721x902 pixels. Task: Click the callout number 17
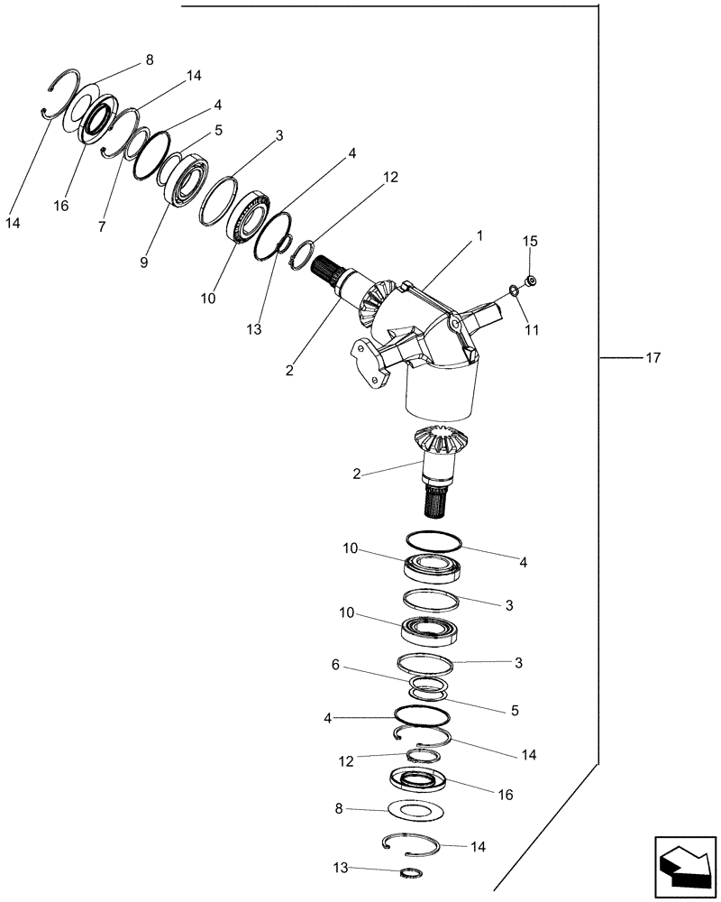point(653,358)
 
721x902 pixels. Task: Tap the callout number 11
point(532,330)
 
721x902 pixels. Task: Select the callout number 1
point(480,235)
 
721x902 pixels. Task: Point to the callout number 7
point(102,227)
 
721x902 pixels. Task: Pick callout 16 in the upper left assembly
point(61,206)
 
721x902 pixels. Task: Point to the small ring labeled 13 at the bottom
point(410,871)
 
